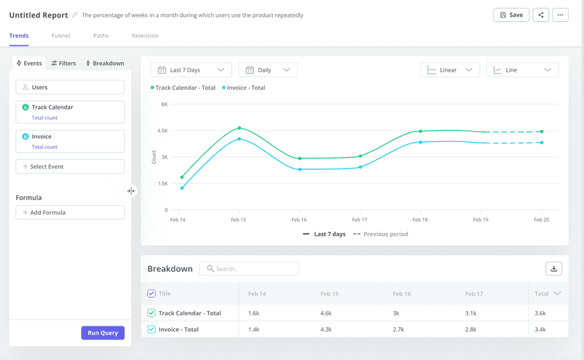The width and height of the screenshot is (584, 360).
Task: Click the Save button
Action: [511, 15]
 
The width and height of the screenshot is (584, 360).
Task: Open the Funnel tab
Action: [61, 36]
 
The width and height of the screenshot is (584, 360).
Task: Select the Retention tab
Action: [145, 36]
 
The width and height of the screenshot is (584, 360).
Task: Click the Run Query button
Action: [102, 333]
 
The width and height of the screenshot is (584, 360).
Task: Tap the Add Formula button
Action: [70, 212]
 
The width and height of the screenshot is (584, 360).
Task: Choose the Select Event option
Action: [70, 166]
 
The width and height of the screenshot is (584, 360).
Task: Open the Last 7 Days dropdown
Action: [191, 70]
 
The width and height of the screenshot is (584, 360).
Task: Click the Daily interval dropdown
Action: [268, 70]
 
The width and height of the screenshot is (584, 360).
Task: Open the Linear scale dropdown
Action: [450, 70]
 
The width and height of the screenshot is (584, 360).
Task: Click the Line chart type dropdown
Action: [522, 70]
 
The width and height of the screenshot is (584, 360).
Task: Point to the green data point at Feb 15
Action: [239, 128]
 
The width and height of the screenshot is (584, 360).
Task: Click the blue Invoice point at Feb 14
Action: [182, 188]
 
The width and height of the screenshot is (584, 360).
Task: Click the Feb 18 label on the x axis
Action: [420, 219]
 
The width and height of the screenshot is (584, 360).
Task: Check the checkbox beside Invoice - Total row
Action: [151, 329]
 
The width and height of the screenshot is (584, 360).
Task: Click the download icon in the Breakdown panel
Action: [553, 269]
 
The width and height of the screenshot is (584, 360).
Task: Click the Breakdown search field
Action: [249, 269]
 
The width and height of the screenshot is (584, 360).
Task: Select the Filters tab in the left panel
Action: [64, 64]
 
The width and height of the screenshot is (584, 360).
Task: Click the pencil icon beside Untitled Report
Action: [74, 15]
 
